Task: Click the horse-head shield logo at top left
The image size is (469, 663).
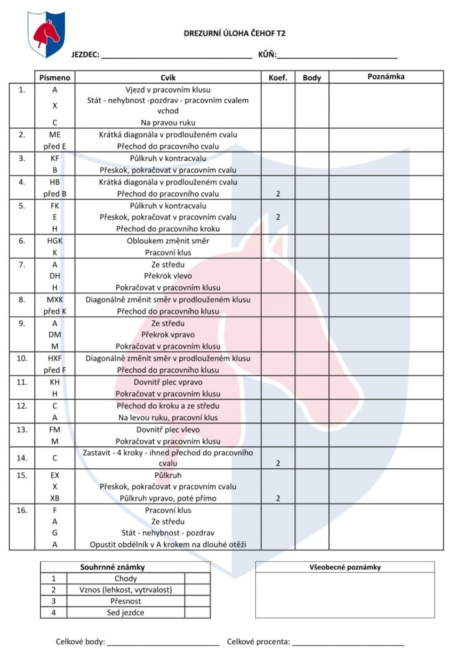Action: pos(46,34)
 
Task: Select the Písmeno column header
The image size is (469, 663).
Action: pos(55,77)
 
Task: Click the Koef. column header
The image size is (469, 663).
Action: pos(278,77)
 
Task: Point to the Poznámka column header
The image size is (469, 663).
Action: pos(386,77)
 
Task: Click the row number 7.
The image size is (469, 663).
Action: pos(22,264)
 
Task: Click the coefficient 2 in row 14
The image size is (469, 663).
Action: pos(278,464)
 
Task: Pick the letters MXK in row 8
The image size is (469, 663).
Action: pos(55,300)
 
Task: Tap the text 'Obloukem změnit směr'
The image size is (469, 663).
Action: pos(168,241)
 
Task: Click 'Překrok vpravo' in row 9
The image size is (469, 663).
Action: pos(168,335)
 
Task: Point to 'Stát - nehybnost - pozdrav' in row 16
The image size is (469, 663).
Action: pos(168,533)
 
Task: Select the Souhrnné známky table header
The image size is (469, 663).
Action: pos(112,567)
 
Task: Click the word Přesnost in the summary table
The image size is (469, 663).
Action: pos(126,601)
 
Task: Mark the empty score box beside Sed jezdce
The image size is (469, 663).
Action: pos(198,612)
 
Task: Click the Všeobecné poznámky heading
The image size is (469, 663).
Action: pos(345,567)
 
